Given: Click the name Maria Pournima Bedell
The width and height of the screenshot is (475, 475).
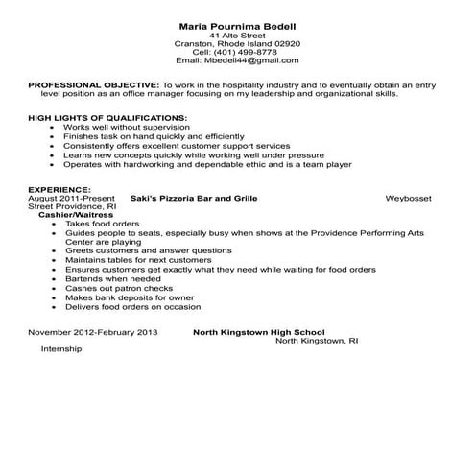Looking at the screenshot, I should coord(236,24).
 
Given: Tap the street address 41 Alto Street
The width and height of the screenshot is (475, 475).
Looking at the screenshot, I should coord(236,35).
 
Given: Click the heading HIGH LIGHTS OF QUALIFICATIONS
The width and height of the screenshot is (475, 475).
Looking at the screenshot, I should coord(107,118).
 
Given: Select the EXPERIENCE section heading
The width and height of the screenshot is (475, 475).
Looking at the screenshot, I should coord(59,189).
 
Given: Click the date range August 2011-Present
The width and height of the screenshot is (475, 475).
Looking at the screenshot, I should coord(71,198).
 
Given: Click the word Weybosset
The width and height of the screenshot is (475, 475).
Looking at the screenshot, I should coord(408,198).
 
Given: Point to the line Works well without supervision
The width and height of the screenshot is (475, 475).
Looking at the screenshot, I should coord(125,127).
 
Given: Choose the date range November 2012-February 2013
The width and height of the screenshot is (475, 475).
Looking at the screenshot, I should coord(92,331).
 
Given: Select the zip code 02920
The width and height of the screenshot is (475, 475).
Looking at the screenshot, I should coord(286,43).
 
